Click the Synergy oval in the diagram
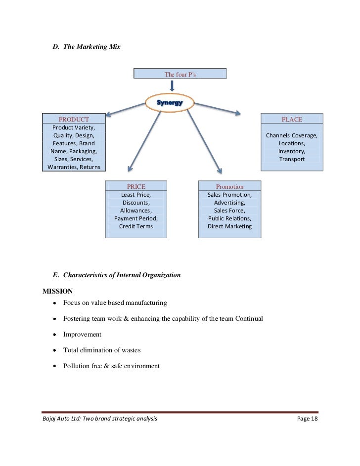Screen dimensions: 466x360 point(170,103)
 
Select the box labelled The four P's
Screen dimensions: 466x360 point(180,74)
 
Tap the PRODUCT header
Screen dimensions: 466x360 point(74,119)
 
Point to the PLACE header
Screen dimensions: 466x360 point(292,119)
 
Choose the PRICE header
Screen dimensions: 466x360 point(136,186)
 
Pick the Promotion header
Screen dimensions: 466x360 point(229,186)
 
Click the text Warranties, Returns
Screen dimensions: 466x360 point(74,167)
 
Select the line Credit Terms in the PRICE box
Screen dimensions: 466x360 point(136,226)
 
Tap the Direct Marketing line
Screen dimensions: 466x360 point(229,226)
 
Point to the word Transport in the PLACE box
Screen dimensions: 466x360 point(292,159)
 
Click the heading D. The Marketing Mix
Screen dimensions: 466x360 point(87,47)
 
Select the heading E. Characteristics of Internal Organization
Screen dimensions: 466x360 point(116,275)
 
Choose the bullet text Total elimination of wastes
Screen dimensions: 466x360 point(102,350)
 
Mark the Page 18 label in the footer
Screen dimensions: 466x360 point(307,419)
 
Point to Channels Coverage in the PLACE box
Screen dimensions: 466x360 point(292,135)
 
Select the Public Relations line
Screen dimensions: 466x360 point(229,218)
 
